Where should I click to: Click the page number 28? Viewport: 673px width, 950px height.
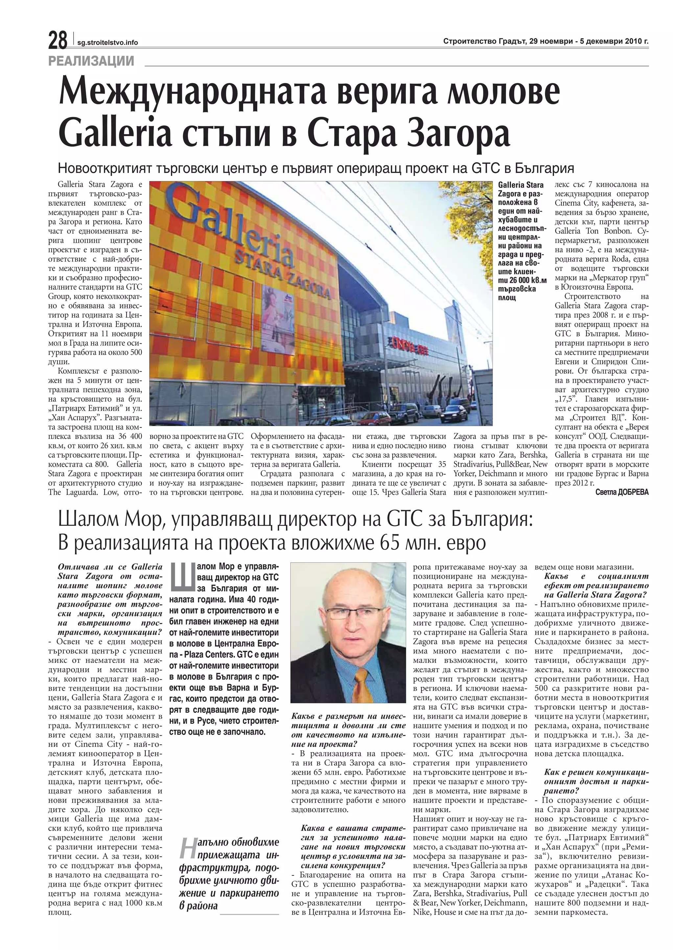[x=58, y=41]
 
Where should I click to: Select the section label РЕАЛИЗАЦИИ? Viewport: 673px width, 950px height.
[x=91, y=61]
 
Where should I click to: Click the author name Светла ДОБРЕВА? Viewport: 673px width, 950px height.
[x=622, y=492]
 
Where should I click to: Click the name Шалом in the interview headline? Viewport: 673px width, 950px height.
[x=87, y=520]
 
